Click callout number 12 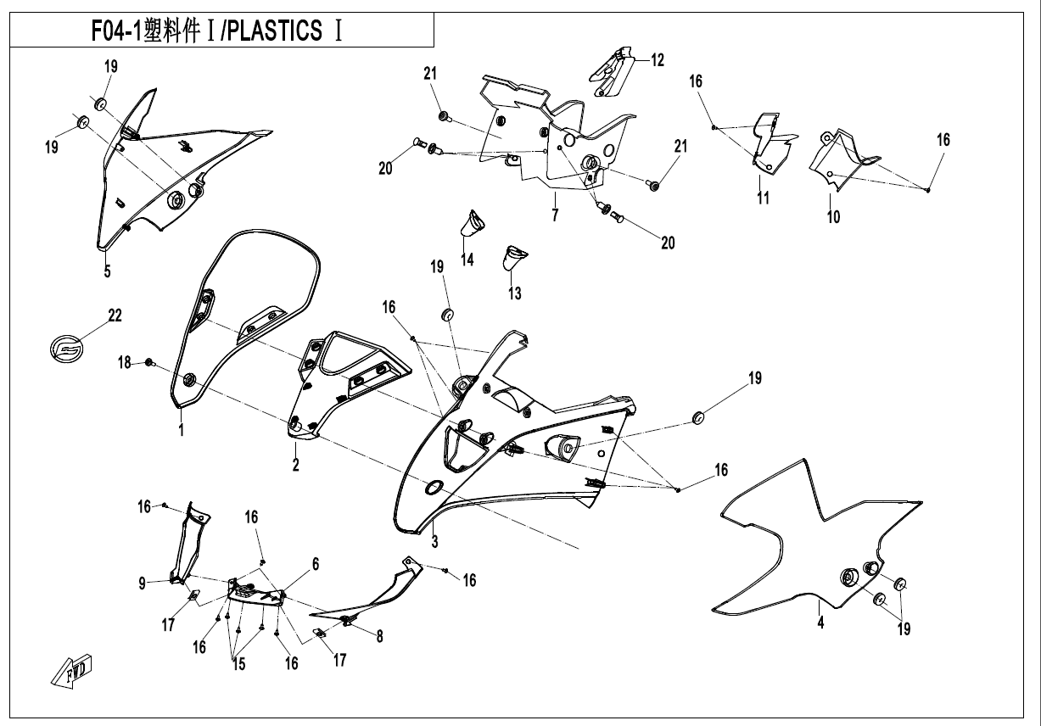[658, 60]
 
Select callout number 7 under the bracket [555, 215]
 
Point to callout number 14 [467, 260]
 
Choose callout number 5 [108, 272]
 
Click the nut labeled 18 [150, 364]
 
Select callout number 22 [115, 316]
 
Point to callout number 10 [834, 217]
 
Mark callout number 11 [764, 198]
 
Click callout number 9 [143, 582]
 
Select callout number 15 [239, 665]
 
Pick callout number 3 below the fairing [434, 542]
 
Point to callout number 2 [295, 465]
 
